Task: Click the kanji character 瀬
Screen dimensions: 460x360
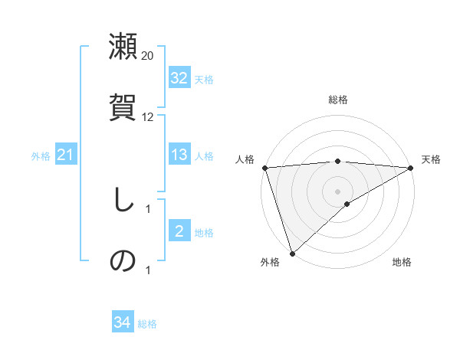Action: pyautogui.click(x=123, y=47)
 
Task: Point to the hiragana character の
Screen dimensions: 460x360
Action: pyautogui.click(x=123, y=260)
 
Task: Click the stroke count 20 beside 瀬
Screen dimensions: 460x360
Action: pyautogui.click(x=148, y=56)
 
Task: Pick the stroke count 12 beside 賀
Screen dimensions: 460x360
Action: pyautogui.click(x=148, y=117)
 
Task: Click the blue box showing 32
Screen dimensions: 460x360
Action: pyautogui.click(x=179, y=78)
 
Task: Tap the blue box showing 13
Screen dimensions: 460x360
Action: pyautogui.click(x=179, y=155)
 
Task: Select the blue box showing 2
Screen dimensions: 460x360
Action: pyautogui.click(x=179, y=231)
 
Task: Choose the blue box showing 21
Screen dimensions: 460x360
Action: pyautogui.click(x=66, y=155)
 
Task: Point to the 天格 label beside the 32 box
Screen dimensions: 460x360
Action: pyautogui.click(x=204, y=80)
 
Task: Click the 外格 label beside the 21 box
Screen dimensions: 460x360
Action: pyautogui.click(x=41, y=156)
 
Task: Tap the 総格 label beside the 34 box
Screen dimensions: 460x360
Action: pyautogui.click(x=147, y=324)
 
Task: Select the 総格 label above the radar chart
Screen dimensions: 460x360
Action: pyautogui.click(x=338, y=100)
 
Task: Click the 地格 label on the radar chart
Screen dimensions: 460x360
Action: pyautogui.click(x=402, y=262)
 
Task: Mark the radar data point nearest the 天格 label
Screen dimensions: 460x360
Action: pyautogui.click(x=411, y=167)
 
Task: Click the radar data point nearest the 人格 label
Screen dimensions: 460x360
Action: pyautogui.click(x=264, y=167)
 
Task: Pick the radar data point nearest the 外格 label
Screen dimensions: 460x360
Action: pyautogui.click(x=292, y=253)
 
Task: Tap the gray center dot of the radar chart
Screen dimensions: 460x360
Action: pyautogui.click(x=338, y=191)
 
